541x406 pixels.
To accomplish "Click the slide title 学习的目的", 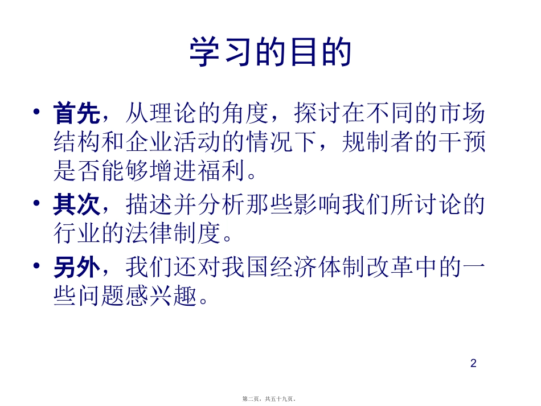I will pyautogui.click(x=270, y=53).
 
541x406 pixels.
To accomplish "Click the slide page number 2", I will pyautogui.click(x=473, y=363).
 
